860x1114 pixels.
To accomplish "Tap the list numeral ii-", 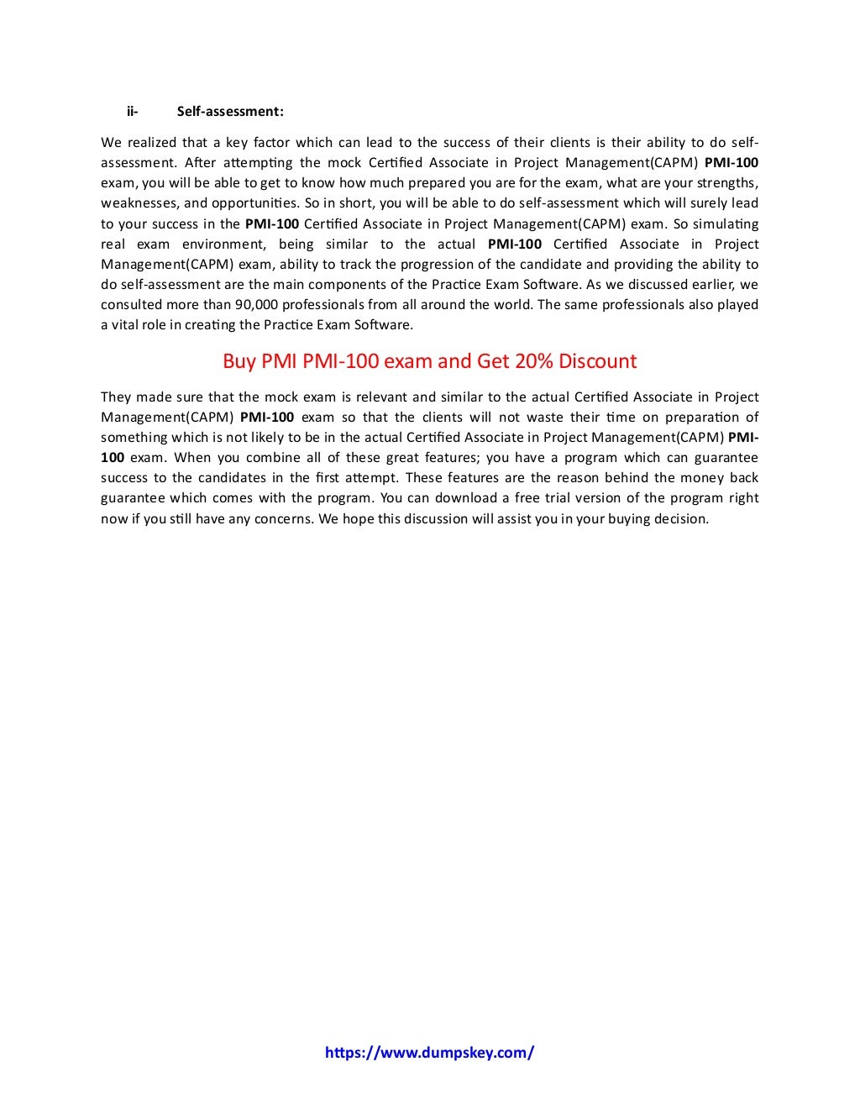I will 133,111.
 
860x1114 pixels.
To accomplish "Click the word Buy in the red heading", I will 239,361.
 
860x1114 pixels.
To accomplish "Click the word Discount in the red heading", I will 598,361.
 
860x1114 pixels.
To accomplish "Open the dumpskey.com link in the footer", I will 429,1052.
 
